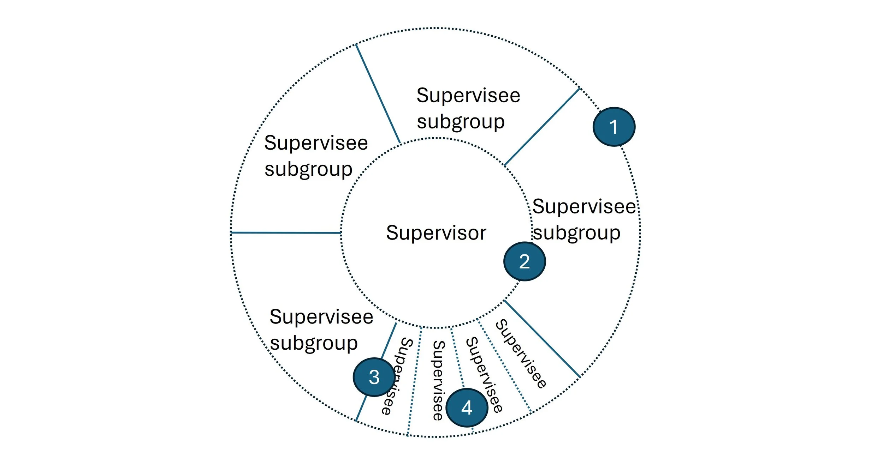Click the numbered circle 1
coord(614,127)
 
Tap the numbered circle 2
coord(524,261)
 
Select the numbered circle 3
coord(374,377)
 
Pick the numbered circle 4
coord(467,407)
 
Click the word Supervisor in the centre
coord(436,233)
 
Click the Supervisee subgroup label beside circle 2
coord(583,219)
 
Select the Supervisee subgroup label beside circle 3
coord(321,330)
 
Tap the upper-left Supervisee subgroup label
coord(316,156)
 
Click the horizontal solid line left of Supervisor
coord(286,233)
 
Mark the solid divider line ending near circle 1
coord(542,127)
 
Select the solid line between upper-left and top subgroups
coord(378,94)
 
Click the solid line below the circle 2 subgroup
coord(542,339)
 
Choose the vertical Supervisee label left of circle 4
coord(438,380)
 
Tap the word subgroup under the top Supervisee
coord(461,122)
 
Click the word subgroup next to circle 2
coord(576,233)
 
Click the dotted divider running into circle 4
coord(457,358)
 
